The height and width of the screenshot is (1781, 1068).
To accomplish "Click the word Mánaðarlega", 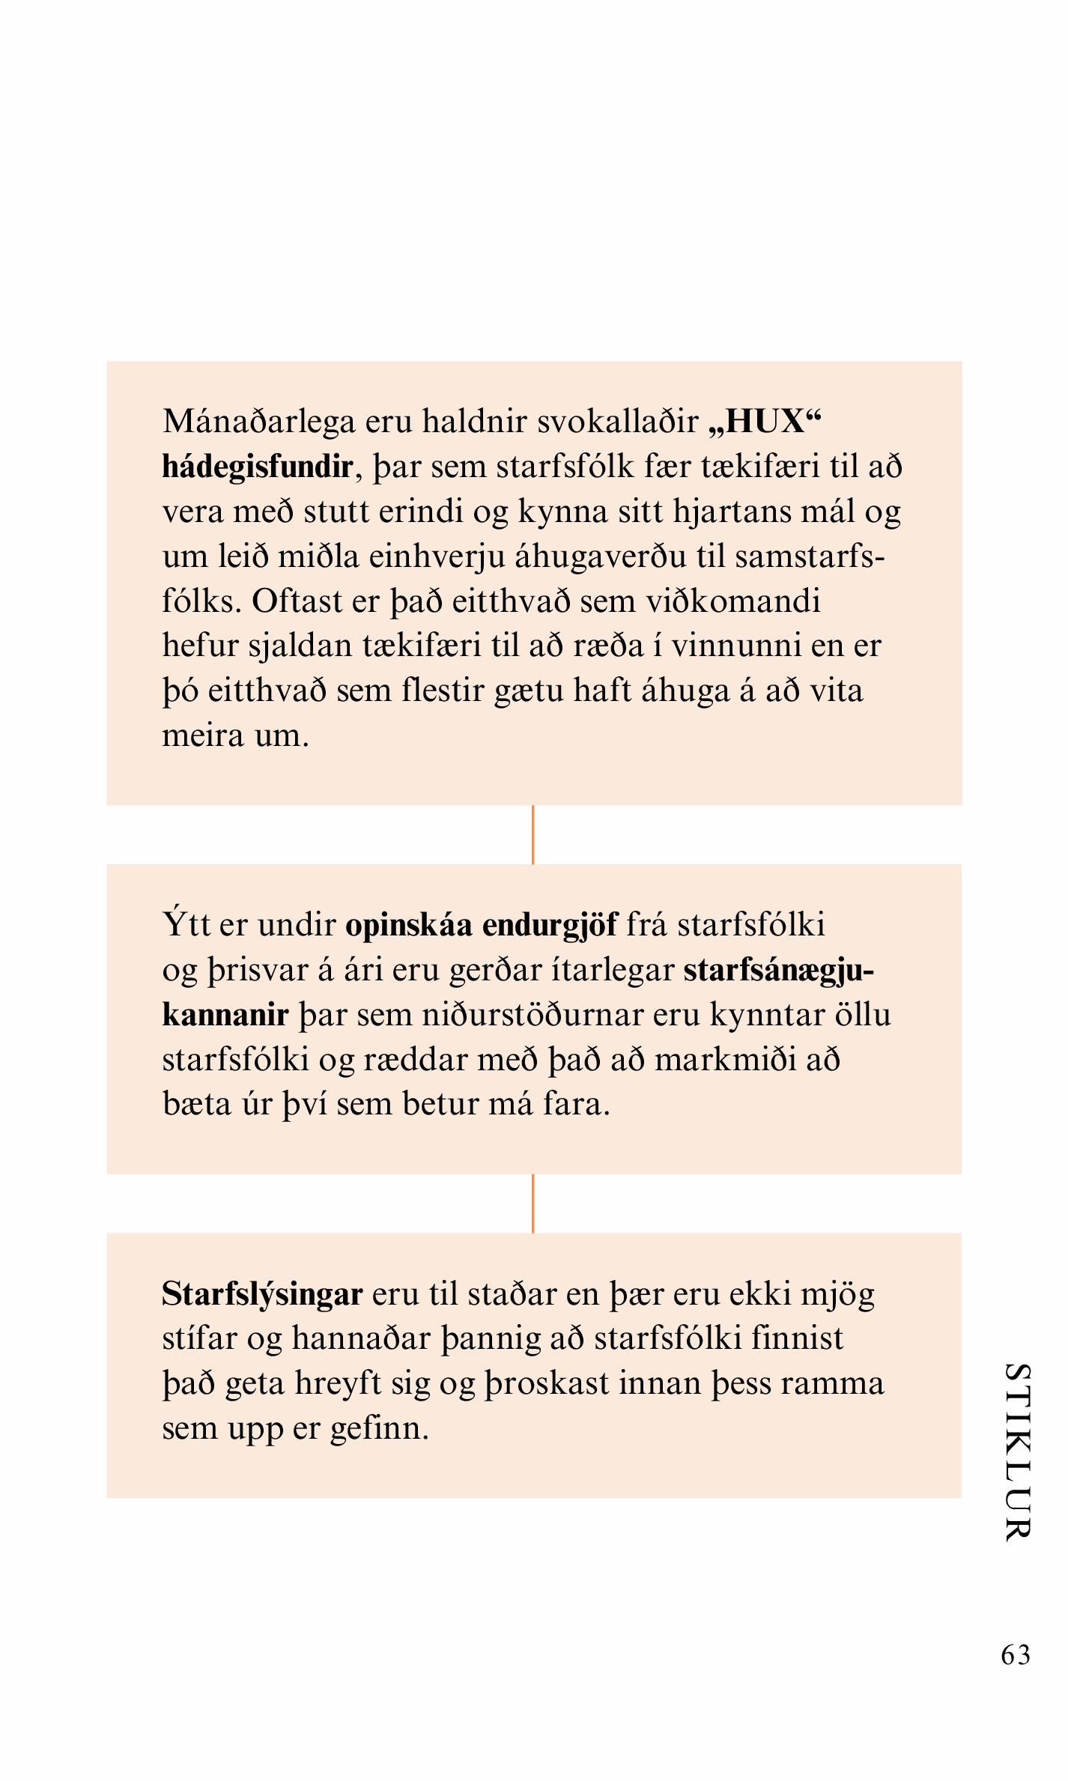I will (x=258, y=423).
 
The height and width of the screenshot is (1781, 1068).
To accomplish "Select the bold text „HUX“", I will (x=764, y=422).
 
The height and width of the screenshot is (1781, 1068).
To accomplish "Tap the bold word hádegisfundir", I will (x=257, y=467).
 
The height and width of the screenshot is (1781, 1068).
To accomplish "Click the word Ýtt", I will (x=186, y=926).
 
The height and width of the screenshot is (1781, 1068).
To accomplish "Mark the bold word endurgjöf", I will (x=550, y=926).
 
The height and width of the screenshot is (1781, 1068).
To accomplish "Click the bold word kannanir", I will (x=225, y=1016).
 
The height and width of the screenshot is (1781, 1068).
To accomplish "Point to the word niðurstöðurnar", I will (x=533, y=1016).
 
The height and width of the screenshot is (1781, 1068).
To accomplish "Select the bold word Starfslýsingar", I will (x=262, y=1294).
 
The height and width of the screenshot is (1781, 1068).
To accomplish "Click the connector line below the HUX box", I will (x=533, y=834).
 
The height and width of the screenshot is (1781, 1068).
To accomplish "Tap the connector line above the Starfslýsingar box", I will (x=533, y=1203).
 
